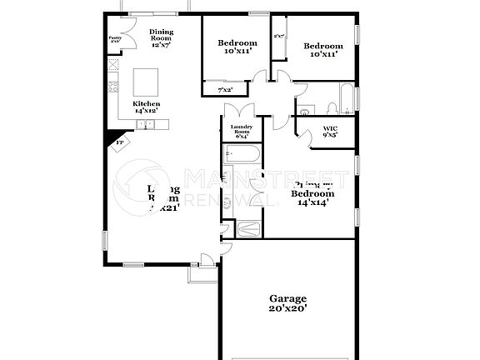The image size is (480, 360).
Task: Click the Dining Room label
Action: [161, 37]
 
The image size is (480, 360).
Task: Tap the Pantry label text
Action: [115, 39]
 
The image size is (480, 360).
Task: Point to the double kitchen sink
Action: [147, 124]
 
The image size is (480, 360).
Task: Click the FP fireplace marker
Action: [119, 142]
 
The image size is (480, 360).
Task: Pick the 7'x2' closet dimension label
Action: [225, 89]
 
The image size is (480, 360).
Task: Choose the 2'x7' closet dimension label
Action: [279, 37]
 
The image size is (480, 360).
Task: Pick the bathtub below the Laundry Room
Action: [242, 154]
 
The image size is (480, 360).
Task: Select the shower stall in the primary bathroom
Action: [248, 229]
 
